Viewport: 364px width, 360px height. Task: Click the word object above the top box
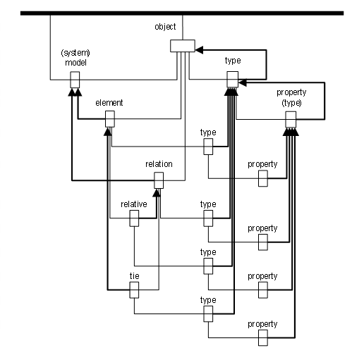165,27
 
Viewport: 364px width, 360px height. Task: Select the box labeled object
183,46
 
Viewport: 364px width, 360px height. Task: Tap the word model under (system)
75,63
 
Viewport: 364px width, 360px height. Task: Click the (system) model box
75,80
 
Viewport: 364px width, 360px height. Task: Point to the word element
109,103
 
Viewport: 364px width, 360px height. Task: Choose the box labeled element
110,119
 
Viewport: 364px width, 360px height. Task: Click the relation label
159,164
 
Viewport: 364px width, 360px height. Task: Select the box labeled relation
159,180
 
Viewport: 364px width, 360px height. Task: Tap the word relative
134,204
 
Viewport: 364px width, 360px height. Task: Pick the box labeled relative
134,218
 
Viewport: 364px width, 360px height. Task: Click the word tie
134,276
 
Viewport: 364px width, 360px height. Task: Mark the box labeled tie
134,290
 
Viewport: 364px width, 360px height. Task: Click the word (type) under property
291,103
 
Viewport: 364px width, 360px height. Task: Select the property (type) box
291,120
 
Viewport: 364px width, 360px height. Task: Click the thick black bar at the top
182,13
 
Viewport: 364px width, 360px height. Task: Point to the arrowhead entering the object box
199,50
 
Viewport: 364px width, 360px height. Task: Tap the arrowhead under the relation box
156,193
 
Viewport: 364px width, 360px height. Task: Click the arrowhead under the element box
108,132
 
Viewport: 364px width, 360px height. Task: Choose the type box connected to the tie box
208,314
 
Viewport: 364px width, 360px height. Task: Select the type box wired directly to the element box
208,147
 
